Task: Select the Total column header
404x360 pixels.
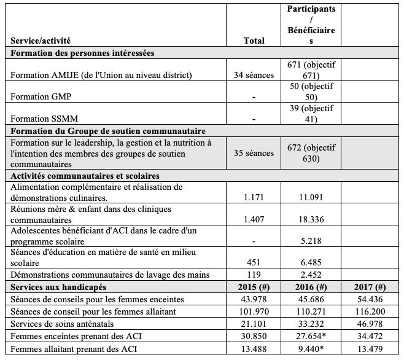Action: pos(254,41)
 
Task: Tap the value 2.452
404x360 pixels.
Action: pos(311,275)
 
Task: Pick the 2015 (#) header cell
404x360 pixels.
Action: pos(254,287)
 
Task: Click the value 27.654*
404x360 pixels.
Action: pos(311,336)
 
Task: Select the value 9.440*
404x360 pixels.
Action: pos(311,348)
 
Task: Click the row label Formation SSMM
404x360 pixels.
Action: pos(41,118)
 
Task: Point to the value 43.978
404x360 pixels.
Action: pos(254,299)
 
